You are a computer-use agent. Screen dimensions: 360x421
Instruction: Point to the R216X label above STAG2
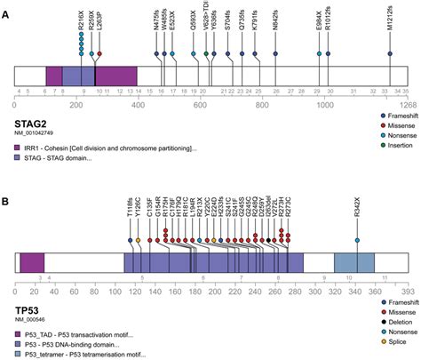click(x=81, y=23)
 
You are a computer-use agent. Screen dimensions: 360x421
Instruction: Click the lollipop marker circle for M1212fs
click(x=391, y=54)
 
